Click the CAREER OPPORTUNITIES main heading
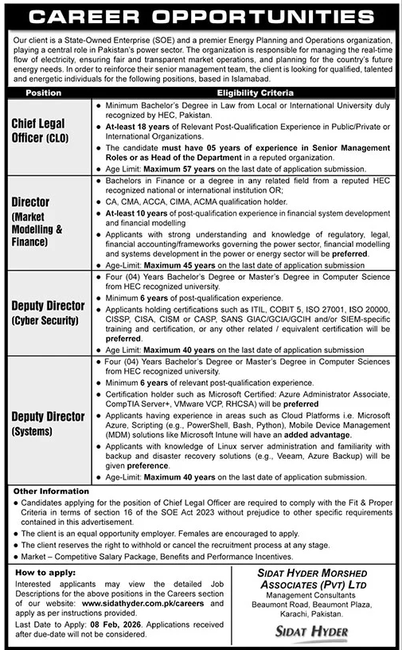point(201,16)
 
